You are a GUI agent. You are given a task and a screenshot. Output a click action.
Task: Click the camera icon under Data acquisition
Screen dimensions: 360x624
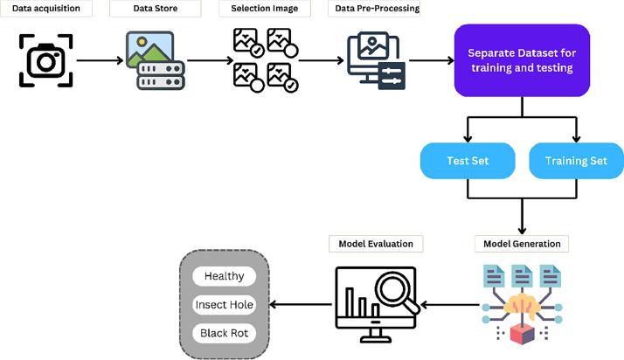[45, 60]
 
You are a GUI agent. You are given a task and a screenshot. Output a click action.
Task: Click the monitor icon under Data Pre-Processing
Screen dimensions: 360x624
[375, 61]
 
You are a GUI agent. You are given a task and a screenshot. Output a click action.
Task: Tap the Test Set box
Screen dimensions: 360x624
[467, 161]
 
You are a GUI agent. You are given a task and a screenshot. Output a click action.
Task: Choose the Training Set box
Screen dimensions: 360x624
[577, 161]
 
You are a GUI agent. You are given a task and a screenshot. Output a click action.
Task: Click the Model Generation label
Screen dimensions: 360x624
[523, 243]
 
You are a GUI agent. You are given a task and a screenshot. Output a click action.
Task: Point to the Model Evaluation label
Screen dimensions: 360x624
[376, 243]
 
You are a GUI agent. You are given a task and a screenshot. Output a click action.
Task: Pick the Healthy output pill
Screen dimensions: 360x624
[224, 276]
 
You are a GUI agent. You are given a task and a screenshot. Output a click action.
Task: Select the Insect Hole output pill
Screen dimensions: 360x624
[224, 305]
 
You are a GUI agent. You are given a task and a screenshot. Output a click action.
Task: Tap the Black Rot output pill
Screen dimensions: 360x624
[224, 334]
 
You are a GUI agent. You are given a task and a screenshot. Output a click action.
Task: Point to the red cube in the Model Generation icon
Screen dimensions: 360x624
[521, 337]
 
